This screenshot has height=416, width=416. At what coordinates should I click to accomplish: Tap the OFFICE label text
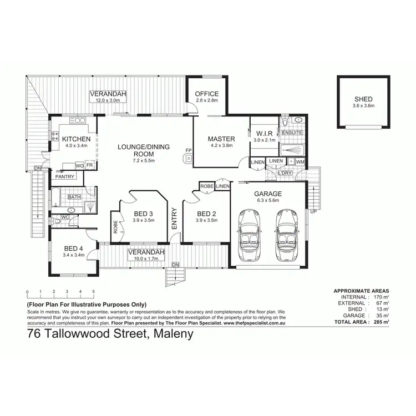point(207,94)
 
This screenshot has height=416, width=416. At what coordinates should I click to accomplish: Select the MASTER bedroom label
point(221,139)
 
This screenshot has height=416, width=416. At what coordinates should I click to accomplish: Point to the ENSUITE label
point(292,133)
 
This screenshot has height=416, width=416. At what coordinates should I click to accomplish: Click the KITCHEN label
point(76,139)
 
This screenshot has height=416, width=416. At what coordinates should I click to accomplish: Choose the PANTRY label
point(64,176)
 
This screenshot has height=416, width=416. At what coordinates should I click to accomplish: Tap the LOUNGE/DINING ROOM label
point(143,150)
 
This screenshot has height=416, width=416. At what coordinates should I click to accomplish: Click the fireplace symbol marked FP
point(189,158)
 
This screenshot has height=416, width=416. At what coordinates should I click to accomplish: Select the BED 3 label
point(143,214)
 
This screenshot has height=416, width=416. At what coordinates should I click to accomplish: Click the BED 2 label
point(206,214)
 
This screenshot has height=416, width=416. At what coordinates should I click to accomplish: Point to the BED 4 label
point(74,248)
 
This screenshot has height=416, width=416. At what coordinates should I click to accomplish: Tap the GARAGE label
point(268,194)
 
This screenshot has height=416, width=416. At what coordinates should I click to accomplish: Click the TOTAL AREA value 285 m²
point(380,322)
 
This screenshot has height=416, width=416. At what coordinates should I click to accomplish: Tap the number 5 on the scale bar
point(93,291)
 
